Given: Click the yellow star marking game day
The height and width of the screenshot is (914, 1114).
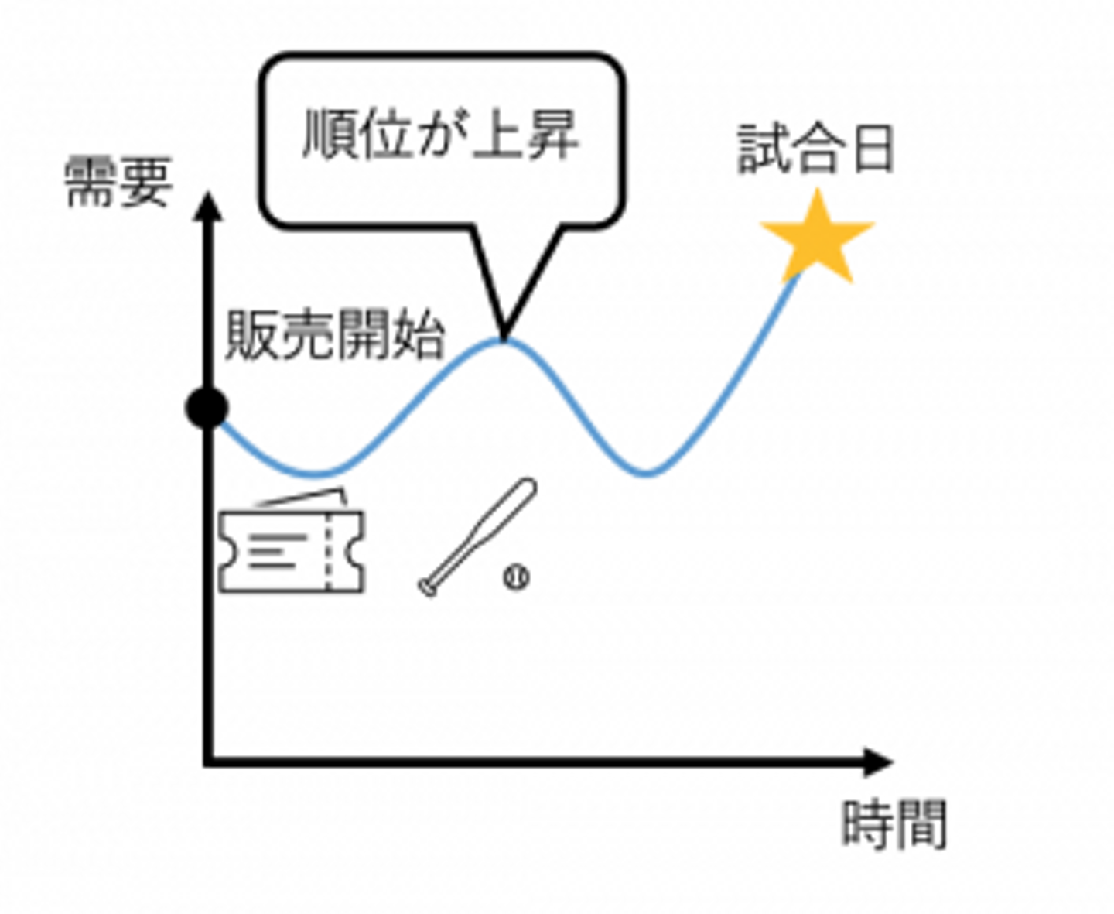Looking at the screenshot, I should (x=817, y=239).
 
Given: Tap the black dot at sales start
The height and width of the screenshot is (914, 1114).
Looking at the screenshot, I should (x=207, y=407).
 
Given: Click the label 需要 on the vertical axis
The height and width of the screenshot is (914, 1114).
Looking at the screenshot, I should (x=117, y=183).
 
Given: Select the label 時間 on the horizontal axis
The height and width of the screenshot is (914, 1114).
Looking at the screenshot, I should (x=894, y=824).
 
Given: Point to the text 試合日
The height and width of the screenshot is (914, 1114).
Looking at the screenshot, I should (x=816, y=148).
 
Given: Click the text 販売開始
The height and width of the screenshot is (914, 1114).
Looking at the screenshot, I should (x=335, y=336).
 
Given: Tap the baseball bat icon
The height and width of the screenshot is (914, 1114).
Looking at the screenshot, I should (x=478, y=536).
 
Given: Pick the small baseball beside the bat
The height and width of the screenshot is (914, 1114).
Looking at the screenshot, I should (x=516, y=577).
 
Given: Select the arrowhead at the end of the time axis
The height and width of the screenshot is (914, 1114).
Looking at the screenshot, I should (x=878, y=762).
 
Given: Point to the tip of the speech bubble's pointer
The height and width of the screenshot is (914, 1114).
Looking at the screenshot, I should (x=503, y=337).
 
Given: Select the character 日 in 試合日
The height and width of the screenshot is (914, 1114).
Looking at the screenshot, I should (x=873, y=148).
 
